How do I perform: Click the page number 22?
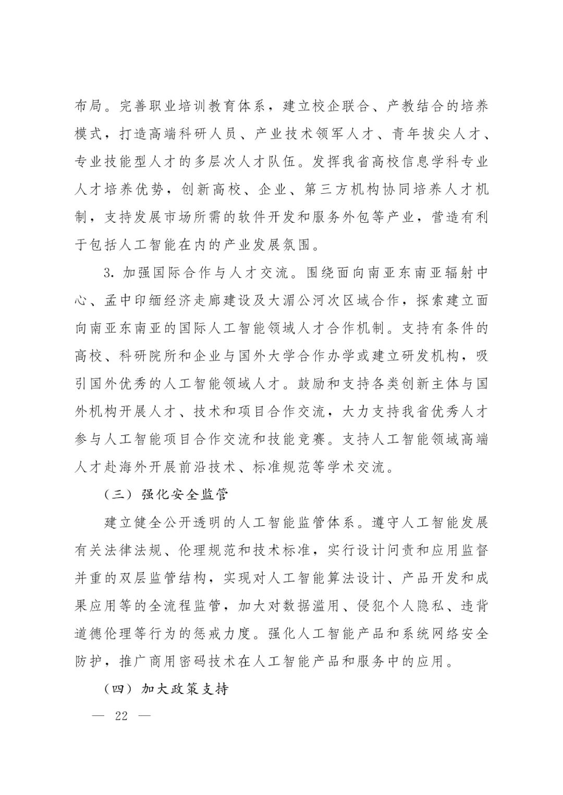pos(121,715)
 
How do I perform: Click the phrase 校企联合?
pos(333,106)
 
